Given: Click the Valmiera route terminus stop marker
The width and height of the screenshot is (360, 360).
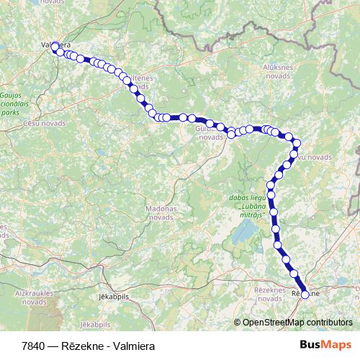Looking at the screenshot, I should click(x=55, y=46).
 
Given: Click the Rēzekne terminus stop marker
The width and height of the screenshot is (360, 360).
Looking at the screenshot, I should click(x=304, y=294).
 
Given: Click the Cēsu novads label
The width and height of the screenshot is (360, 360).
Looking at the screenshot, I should click(x=45, y=123).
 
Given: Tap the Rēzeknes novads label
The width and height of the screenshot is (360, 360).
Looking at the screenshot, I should click(x=270, y=294).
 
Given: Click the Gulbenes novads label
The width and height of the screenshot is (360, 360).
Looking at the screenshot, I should click(x=210, y=132).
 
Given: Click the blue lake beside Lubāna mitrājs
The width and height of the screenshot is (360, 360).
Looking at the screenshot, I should click(x=246, y=232).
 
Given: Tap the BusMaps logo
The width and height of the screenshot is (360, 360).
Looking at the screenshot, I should click(x=326, y=345).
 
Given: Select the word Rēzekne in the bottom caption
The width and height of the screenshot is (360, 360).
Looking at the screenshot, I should click(x=82, y=346).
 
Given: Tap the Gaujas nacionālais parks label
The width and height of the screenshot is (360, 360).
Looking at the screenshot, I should click(x=10, y=104).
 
